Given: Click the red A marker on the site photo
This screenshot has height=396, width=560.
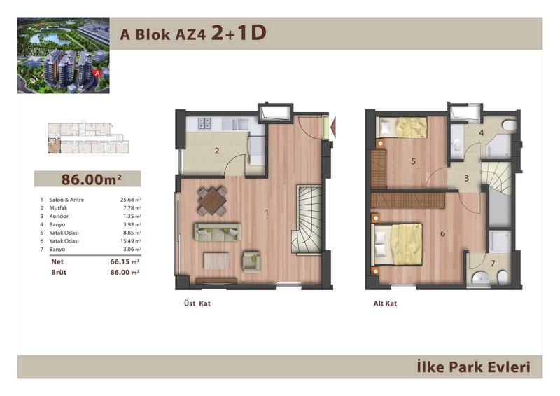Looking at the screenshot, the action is coord(97,73).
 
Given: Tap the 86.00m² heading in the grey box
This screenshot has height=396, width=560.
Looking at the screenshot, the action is coord(91,179).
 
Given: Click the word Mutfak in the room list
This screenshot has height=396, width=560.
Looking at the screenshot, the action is coord(58,208).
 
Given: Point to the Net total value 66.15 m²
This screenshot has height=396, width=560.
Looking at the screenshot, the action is coord(125,261).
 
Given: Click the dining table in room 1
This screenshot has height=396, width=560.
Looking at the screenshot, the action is coord(213,201).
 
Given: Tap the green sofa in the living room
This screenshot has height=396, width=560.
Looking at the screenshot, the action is coord(217,233).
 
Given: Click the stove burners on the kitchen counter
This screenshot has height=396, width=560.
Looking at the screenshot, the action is coord(204,123).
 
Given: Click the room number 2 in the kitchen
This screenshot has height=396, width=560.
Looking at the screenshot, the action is coord(217,151).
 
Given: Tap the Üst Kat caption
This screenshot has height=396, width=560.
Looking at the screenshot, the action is coord(197,303).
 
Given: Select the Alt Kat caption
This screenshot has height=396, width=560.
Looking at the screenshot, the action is coord(385,303).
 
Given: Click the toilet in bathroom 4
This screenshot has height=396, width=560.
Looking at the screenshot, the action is coord(510,125).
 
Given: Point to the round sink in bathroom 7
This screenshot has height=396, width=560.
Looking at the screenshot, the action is coord(480,278).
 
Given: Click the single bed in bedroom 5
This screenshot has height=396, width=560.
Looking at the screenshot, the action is coord(402,128).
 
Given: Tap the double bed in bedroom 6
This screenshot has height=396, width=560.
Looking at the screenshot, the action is coord(397,245).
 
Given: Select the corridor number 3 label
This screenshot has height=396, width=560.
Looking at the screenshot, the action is coord(466,178).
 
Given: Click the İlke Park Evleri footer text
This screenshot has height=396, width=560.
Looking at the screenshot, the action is coord(474,367).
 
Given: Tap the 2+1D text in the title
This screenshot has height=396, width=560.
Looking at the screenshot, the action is coord(239,33).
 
